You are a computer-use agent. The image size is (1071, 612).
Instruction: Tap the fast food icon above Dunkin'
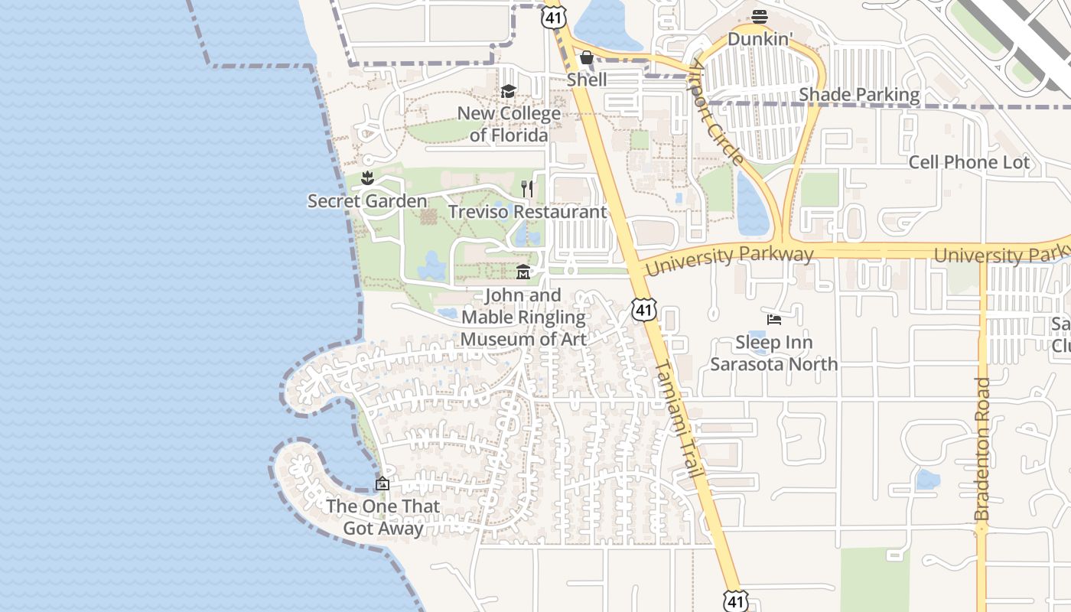(759, 16)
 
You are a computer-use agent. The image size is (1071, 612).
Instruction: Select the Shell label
(587, 80)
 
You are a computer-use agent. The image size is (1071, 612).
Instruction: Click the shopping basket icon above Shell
(587, 57)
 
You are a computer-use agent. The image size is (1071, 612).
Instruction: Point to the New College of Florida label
(509, 125)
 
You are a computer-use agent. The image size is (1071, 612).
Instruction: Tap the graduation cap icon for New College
(508, 92)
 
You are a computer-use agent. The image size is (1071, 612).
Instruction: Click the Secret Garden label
(367, 201)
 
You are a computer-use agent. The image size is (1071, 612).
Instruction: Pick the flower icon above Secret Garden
(368, 179)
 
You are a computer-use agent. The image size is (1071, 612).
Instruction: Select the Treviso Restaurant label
(527, 212)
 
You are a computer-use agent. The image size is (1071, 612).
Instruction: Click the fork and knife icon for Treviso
(527, 188)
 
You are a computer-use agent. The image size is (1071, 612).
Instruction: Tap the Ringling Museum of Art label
(523, 317)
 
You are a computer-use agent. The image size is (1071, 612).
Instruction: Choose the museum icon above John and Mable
(523, 272)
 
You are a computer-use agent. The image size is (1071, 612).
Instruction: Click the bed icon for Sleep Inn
(774, 319)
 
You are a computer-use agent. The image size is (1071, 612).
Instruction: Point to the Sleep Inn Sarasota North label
(774, 353)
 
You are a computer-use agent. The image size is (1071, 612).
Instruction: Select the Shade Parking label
(859, 95)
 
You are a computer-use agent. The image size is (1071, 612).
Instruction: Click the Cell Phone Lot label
(969, 162)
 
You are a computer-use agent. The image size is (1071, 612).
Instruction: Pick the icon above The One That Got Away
(382, 483)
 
